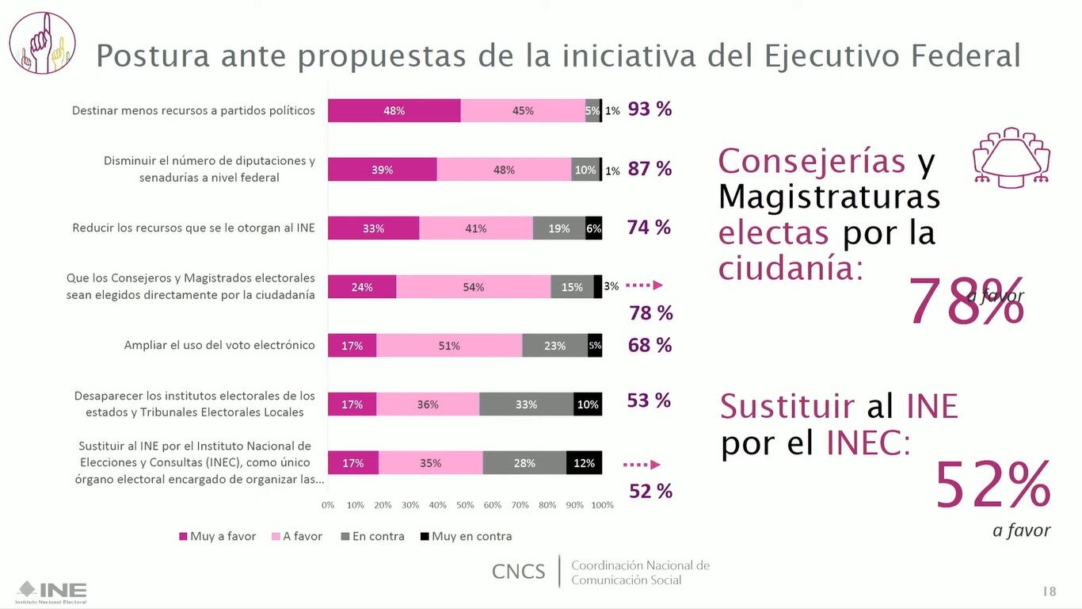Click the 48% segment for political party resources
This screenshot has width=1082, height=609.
[394, 111]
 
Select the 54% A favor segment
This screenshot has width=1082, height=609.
[473, 287]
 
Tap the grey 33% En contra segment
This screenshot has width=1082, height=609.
[526, 404]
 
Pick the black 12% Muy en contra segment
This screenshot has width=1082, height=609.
[584, 463]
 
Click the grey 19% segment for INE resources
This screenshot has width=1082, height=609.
[559, 228]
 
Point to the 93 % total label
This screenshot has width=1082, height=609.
[650, 109]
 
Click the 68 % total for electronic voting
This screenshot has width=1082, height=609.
[650, 345]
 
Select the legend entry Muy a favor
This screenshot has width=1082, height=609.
[217, 537]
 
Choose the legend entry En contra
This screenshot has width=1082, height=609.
[372, 537]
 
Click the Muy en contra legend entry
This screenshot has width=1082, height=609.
[466, 537]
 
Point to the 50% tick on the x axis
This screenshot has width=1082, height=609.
[465, 505]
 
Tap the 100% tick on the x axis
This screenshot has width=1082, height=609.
[602, 505]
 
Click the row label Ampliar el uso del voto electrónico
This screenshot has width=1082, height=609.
[219, 345]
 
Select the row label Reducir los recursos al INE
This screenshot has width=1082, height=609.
[193, 228]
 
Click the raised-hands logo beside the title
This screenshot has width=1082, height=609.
[42, 43]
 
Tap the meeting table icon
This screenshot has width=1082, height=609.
[1011, 156]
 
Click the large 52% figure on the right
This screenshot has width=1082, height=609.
[992, 485]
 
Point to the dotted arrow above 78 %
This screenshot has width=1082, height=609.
[644, 285]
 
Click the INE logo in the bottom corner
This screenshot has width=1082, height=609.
[52, 592]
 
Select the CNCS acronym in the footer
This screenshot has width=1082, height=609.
[518, 572]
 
